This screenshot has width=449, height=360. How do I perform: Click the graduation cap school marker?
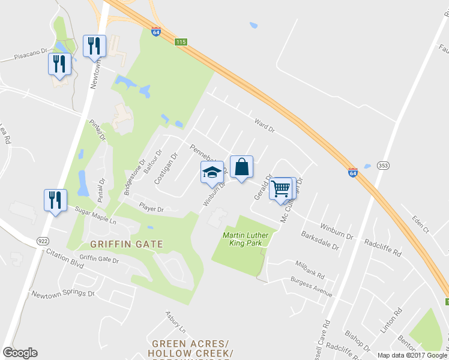coord(211,172)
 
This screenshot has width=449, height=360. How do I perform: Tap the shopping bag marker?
coord(241,167)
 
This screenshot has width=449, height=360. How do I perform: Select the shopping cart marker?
coord(281,188)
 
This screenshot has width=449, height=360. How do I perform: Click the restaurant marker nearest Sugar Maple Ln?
coord(55,199)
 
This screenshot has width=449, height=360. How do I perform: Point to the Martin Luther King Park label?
coord(246,239)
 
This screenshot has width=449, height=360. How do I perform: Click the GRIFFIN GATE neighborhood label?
coord(127,244)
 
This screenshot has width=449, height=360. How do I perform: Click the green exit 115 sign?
coord(181,42)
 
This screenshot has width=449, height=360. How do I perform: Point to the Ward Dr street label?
coord(264,125)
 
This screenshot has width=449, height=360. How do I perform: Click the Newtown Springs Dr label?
coord(63,295)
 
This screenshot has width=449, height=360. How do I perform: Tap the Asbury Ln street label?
coord(176,322)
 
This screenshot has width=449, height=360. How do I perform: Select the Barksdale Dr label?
coord(320,241)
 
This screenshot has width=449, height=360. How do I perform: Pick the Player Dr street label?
coord(151,209)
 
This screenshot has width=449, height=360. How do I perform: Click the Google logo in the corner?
coord(20,353)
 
